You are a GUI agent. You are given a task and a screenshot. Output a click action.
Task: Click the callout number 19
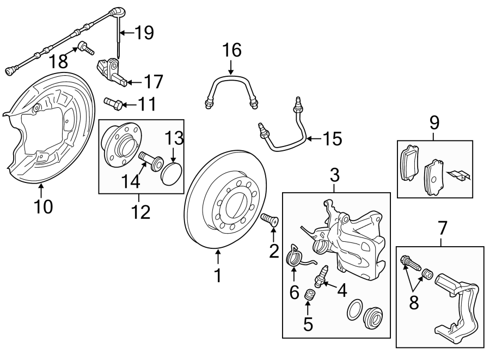(x=144, y=33)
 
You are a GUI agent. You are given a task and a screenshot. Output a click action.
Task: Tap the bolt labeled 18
(x=84, y=46)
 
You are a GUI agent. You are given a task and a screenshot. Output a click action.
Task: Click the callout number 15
(x=331, y=139)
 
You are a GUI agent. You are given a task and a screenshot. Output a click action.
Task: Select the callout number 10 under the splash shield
(x=43, y=206)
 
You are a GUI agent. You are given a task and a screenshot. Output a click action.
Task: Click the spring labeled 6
(x=294, y=254)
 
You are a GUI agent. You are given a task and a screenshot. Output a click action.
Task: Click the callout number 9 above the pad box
(x=434, y=122)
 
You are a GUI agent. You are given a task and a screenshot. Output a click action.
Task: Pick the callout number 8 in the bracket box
(x=414, y=302)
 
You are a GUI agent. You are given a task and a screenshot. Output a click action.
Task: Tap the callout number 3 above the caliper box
(x=335, y=175)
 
